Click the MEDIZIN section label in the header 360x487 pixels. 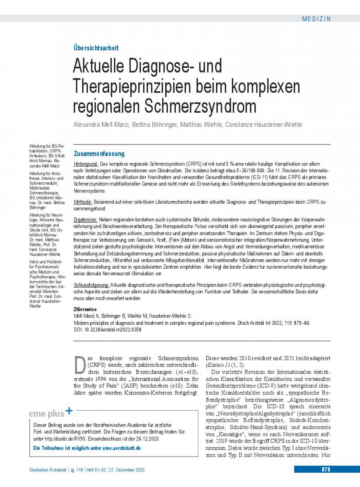(x=316, y=19)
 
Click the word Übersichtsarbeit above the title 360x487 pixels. (x=96, y=48)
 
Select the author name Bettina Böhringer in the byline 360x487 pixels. (x=154, y=125)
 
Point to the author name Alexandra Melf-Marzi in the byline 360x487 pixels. (x=101, y=125)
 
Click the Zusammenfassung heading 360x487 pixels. (x=99, y=154)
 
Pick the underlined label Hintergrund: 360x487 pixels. (x=86, y=164)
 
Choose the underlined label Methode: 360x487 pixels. (x=83, y=202)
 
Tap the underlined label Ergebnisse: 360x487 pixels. (x=85, y=220)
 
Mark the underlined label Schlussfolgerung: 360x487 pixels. (x=91, y=285)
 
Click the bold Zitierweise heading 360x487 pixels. (x=85, y=309)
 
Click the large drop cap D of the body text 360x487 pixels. (x=80, y=365)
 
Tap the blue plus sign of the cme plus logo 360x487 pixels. (x=69, y=411)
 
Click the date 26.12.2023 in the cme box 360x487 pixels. (x=149, y=439)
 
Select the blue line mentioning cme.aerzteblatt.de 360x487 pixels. (x=87, y=448)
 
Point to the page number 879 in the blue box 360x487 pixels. (x=326, y=469)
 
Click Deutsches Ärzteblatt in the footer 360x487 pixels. (x=48, y=470)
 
